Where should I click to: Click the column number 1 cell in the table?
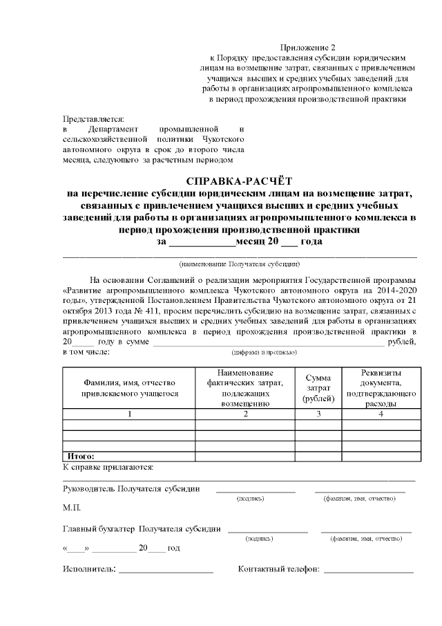pyautogui.click(x=130, y=414)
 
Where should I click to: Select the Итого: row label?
pyautogui.click(x=81, y=457)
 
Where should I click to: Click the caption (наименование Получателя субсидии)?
pyautogui.click(x=239, y=264)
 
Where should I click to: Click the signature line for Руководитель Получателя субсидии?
pyautogui.click(x=255, y=490)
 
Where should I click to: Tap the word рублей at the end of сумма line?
pyautogui.click(x=403, y=342)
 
